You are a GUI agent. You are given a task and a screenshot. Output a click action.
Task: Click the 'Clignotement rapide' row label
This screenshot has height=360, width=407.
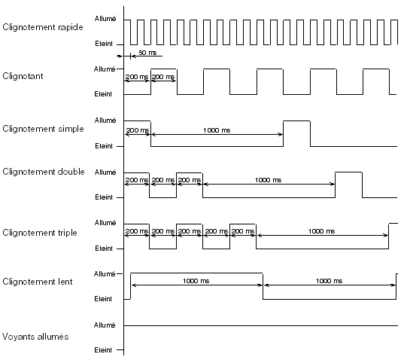(43, 27)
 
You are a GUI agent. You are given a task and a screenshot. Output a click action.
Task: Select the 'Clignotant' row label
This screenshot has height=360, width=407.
(23, 76)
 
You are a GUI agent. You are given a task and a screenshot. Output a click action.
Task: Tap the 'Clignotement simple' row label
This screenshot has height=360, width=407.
(43, 129)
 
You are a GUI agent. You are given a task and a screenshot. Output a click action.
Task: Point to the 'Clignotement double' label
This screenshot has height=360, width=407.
(44, 172)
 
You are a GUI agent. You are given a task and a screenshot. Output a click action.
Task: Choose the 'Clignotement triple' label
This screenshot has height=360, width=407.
(40, 233)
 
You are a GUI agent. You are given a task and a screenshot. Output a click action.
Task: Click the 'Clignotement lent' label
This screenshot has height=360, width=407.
(38, 282)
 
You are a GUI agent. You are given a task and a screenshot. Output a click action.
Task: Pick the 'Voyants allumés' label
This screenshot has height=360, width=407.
(35, 337)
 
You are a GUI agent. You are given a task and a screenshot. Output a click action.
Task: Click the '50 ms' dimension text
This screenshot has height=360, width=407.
(147, 53)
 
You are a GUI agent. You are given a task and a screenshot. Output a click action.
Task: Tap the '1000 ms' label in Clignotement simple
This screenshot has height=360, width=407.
(217, 130)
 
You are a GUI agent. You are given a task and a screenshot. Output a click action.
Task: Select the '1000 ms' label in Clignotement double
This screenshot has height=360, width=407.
(268, 180)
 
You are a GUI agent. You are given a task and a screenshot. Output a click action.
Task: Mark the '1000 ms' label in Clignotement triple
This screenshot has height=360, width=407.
(321, 231)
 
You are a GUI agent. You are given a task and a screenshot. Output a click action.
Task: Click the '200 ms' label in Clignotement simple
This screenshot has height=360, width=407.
(137, 130)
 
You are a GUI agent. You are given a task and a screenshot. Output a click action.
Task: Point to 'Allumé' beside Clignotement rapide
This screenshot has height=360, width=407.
(105, 19)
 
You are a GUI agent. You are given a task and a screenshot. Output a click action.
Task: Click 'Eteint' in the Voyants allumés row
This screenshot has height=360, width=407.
(103, 350)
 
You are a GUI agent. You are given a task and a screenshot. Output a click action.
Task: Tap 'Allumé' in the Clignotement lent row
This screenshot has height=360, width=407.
(105, 274)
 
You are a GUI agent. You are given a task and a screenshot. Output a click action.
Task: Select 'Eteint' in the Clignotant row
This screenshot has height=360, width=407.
(103, 94)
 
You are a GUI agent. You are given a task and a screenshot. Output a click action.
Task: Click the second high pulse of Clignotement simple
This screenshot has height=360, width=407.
(296, 121)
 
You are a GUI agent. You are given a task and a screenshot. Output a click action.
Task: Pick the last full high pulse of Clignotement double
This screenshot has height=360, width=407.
(348, 172)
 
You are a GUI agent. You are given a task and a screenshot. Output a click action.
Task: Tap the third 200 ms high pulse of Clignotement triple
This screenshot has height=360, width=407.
(243, 224)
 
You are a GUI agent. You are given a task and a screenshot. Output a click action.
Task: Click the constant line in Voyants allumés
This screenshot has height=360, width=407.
(261, 325)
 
